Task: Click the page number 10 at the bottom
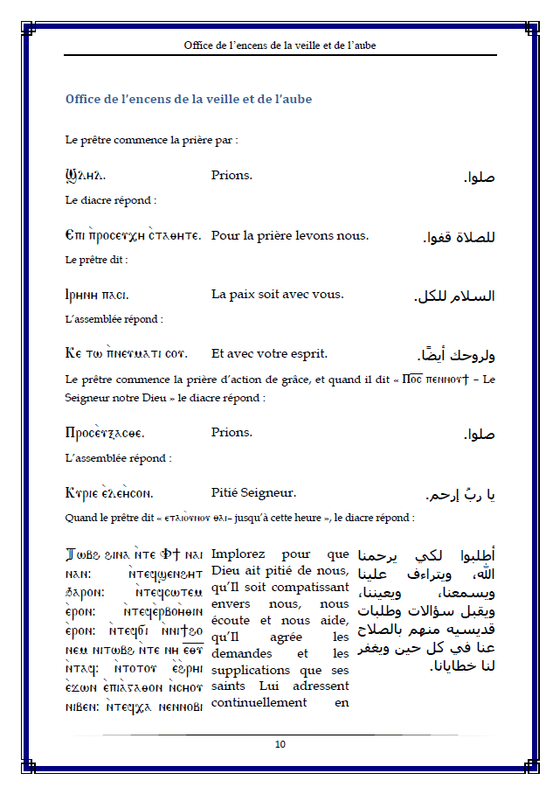tap(280, 744)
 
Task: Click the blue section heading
tap(188, 99)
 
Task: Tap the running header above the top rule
tap(280, 45)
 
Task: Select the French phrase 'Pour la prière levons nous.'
tap(290, 235)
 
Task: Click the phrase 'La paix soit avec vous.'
tap(278, 294)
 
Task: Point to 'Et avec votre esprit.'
tap(269, 353)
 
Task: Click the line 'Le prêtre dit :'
tap(96, 260)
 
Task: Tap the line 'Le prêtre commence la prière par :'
tap(151, 140)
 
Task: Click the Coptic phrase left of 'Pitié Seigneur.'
tap(110, 492)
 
